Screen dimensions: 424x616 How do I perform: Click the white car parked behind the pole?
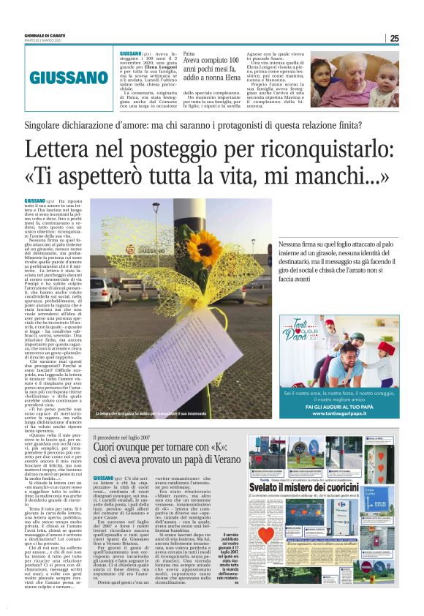[x=105, y=290]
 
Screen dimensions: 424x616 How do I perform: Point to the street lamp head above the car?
[x=156, y=207]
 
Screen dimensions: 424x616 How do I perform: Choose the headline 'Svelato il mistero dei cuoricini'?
[x=333, y=487]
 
